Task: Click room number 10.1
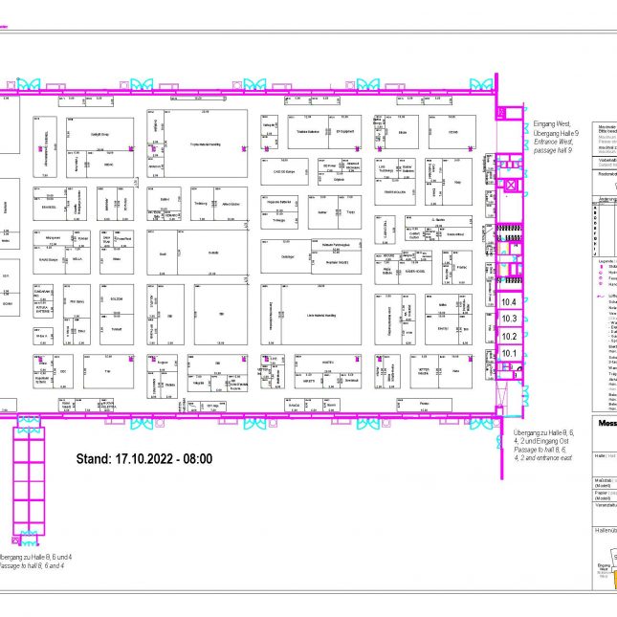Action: [509, 354]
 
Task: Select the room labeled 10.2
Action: [509, 336]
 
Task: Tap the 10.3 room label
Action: [509, 319]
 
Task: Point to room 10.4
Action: [509, 302]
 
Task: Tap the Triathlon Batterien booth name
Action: [307, 132]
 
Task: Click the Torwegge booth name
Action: [278, 218]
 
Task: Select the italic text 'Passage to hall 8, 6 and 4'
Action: [35, 565]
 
